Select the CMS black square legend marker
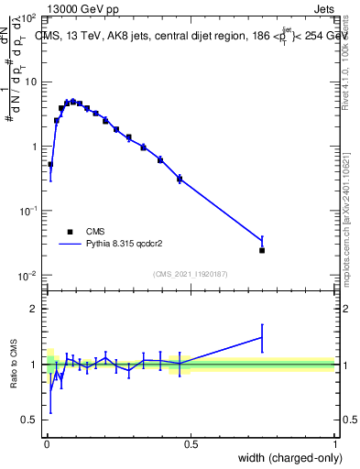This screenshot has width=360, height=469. point(69,232)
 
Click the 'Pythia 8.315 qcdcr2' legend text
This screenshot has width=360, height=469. point(125,245)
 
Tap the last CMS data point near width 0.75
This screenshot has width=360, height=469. point(262,250)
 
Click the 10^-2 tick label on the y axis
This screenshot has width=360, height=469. point(27,276)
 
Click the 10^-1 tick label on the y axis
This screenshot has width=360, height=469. point(27,211)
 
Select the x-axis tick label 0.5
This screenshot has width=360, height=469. point(191,445)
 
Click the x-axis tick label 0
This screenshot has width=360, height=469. point(47,445)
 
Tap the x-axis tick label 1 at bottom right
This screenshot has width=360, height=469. point(335,445)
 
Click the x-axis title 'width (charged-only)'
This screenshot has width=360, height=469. point(285,459)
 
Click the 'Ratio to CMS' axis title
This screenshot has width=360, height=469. point(15,364)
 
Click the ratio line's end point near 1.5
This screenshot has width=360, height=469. point(262,337)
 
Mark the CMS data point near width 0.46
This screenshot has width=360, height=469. point(180,180)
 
